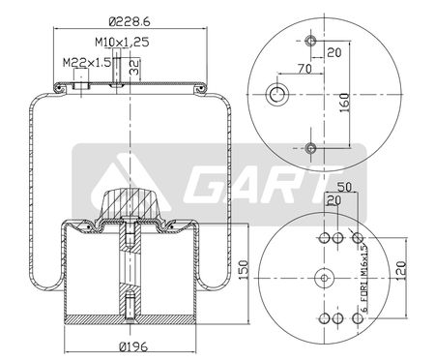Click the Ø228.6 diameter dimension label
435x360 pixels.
pos(130,21)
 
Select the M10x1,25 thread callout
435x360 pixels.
pos(122,42)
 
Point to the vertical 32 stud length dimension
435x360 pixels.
pos(134,67)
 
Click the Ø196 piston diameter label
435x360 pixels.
pos(133,347)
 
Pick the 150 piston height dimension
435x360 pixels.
pos(244,270)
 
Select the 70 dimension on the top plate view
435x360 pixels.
pos(304,69)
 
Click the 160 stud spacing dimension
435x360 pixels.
pos(344,103)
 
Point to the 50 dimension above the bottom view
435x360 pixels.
pos(344,187)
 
